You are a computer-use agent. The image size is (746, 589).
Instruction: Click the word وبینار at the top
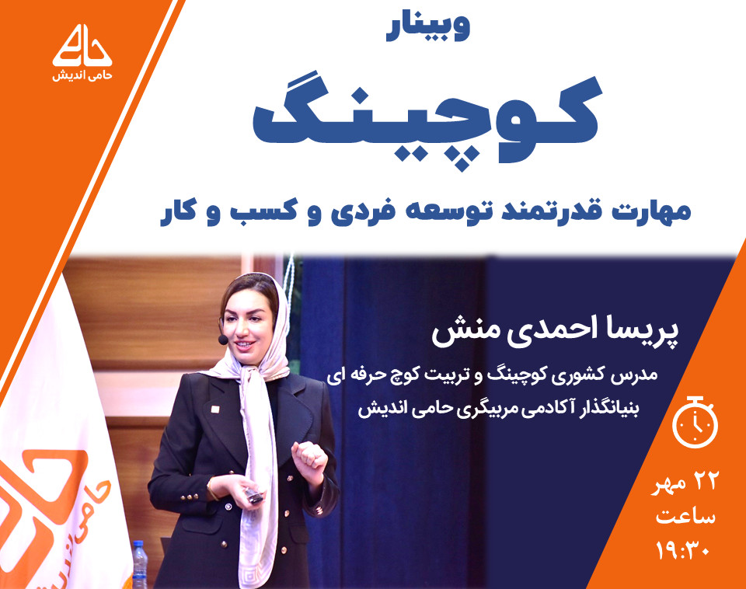427,30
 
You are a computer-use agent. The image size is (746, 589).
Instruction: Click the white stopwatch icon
694,423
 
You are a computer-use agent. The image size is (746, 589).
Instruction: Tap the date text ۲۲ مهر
685,483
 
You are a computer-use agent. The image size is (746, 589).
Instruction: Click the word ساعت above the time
685,516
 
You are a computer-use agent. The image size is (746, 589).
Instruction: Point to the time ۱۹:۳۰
685,551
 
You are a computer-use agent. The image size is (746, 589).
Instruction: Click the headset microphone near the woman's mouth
222,340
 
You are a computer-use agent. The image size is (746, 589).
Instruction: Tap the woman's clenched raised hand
309,454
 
